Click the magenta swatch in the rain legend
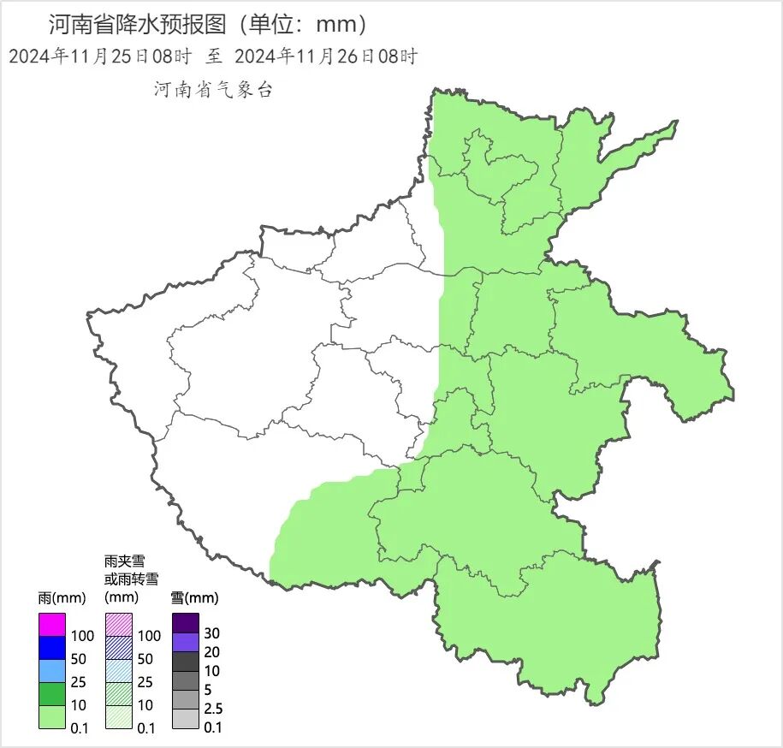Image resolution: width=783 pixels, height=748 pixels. [x=51, y=625]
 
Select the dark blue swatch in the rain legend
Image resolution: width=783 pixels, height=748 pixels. [x=51, y=648]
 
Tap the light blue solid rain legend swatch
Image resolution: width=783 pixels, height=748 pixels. [x=51, y=671]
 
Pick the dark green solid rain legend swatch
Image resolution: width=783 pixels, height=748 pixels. [x=51, y=694]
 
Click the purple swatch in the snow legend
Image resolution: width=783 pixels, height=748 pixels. [x=185, y=642]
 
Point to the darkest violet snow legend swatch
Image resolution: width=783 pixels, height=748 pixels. [x=185, y=623]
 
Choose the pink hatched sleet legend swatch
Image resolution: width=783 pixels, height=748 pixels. [x=118, y=625]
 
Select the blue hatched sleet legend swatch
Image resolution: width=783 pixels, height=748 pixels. [x=118, y=648]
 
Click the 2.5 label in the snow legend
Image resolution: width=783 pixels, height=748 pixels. [x=213, y=709]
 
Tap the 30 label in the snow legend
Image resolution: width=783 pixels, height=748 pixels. [x=211, y=632]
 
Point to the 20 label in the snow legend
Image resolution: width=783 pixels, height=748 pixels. [x=211, y=652]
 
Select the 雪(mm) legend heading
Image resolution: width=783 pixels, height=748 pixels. [x=194, y=597]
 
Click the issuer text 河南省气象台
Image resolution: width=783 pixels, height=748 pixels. [x=213, y=90]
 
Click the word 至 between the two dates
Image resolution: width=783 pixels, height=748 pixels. [x=213, y=57]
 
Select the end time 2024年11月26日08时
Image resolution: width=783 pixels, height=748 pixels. [x=325, y=57]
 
